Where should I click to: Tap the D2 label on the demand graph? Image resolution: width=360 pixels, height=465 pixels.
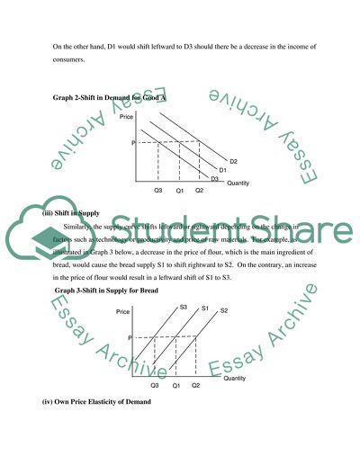tap(233, 161)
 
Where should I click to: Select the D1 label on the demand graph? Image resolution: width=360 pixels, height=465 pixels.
tap(224, 170)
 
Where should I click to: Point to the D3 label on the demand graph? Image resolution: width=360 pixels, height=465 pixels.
tap(214, 179)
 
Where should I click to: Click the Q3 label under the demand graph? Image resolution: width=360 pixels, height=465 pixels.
tap(158, 191)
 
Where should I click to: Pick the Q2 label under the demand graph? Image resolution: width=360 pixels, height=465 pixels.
tap(199, 191)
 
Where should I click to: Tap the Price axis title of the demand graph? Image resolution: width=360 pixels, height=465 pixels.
tap(139, 116)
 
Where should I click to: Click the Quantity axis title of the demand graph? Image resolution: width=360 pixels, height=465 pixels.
tap(238, 183)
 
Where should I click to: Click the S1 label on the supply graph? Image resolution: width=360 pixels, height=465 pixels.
tap(205, 308)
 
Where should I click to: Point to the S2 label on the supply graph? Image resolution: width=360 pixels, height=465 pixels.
tap(225, 310)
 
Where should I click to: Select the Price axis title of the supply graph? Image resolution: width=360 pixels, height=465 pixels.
tap(125, 311)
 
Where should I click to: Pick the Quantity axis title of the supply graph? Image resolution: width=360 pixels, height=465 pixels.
tap(235, 379)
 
